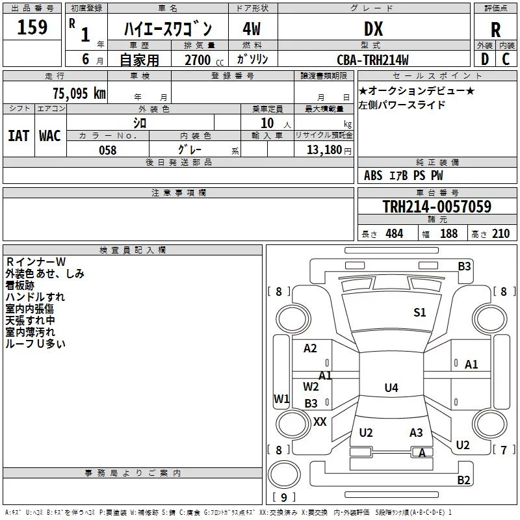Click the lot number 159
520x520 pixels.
(32, 27)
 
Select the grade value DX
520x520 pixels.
(373, 29)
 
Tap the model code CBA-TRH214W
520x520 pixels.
(372, 60)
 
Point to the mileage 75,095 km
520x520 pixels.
(79, 93)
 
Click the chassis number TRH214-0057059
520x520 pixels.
(437, 206)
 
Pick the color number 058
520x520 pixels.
(107, 150)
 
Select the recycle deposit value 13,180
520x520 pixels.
(324, 149)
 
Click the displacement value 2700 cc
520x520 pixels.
(204, 60)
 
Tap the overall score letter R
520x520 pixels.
(495, 30)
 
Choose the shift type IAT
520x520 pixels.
(18, 136)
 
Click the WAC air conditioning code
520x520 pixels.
(50, 136)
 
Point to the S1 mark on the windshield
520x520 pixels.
(419, 312)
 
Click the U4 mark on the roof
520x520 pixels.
(391, 387)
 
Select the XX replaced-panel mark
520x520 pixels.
(320, 421)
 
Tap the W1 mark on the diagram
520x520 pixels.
(281, 398)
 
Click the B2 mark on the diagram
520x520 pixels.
(463, 480)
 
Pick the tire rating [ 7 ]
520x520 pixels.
(504, 450)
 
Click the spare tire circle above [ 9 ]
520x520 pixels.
(284, 474)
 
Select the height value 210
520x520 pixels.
(500, 233)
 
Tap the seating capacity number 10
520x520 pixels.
(267, 123)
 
